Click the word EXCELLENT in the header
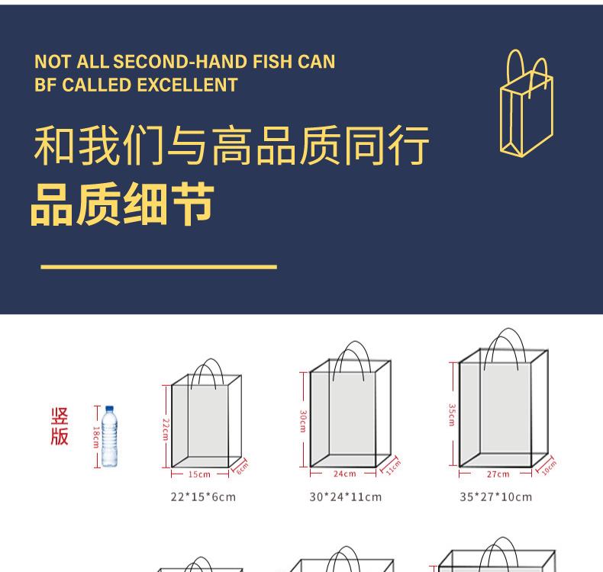(x=188, y=85)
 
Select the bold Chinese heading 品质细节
(x=122, y=204)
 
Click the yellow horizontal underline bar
(x=158, y=267)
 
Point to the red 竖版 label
(x=60, y=427)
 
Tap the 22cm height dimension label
(x=164, y=429)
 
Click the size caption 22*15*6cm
(x=202, y=497)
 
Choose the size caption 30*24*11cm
(x=345, y=497)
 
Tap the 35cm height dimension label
(x=452, y=414)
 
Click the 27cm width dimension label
(x=498, y=474)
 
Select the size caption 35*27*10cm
(x=495, y=497)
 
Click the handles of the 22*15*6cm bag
(x=207, y=371)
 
